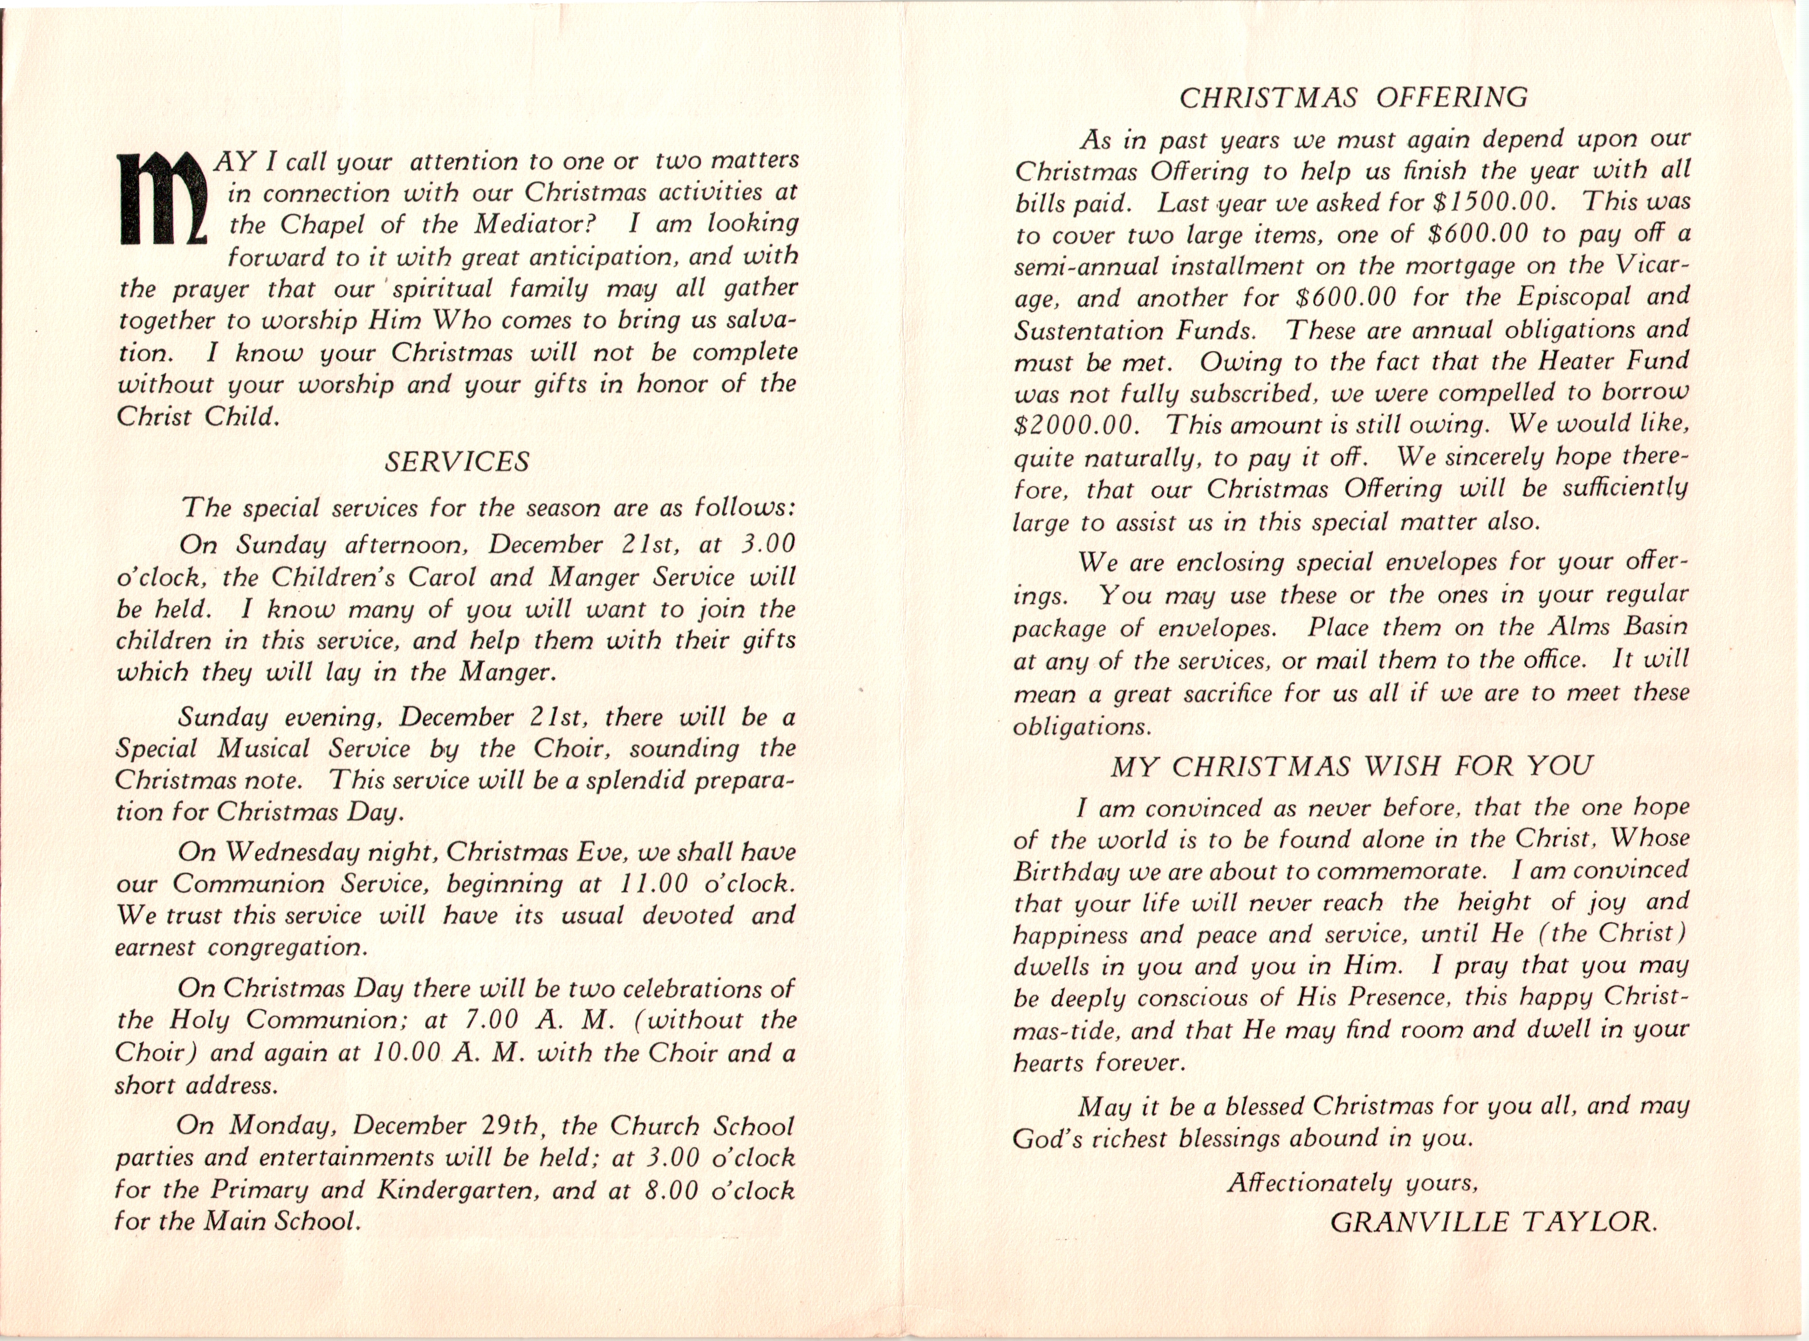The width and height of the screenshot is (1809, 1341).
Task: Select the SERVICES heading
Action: click(457, 462)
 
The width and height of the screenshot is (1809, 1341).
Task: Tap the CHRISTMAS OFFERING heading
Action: click(1353, 98)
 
